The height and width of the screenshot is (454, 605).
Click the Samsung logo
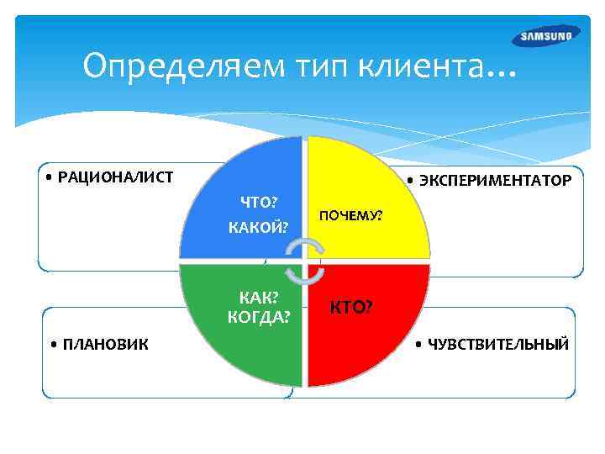pyautogui.click(x=545, y=36)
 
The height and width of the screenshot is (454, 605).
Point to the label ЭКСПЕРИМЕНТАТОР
pyautogui.click(x=493, y=182)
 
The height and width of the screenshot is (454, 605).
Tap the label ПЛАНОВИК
pyautogui.click(x=105, y=344)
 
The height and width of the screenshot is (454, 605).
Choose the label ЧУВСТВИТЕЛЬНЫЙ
pyautogui.click(x=497, y=344)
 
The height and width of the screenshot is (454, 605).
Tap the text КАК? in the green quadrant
pyautogui.click(x=260, y=298)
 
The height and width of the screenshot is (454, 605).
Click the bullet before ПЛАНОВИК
pyautogui.click(x=54, y=344)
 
